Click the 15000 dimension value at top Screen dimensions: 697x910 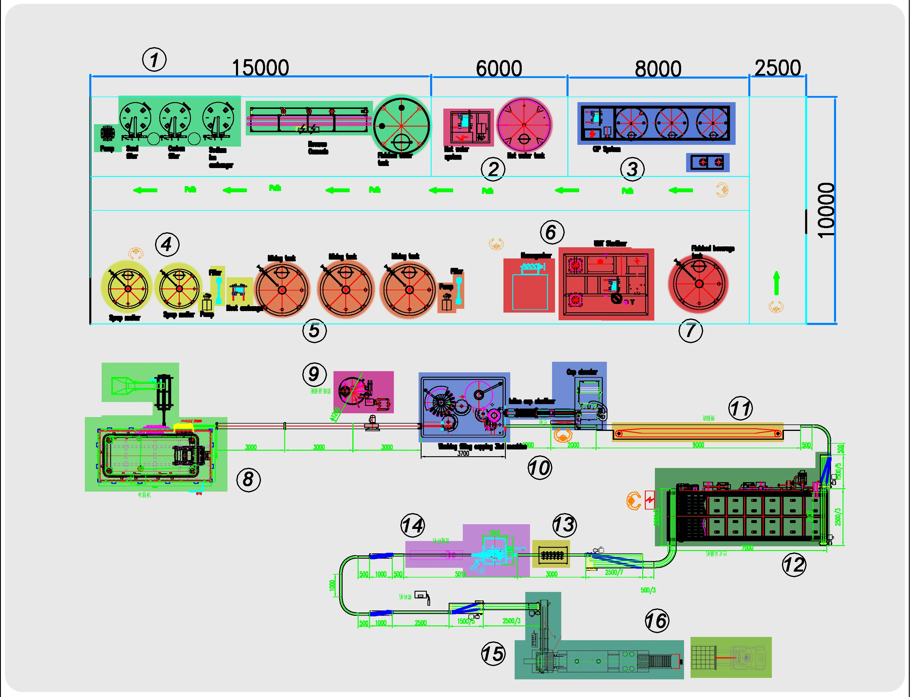click(x=260, y=68)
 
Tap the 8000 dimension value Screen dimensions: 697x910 click(x=658, y=69)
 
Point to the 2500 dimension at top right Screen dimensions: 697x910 click(x=777, y=68)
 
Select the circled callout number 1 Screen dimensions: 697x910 click(x=154, y=60)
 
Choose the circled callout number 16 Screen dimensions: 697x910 click(x=657, y=621)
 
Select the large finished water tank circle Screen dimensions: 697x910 click(x=402, y=126)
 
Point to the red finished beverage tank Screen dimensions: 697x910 click(x=699, y=284)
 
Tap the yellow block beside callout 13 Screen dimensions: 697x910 click(x=551, y=554)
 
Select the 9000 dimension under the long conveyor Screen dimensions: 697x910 click(x=698, y=445)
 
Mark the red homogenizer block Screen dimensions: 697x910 click(x=529, y=286)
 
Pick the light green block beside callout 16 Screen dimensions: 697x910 click(x=731, y=658)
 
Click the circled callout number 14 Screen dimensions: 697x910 click(x=412, y=525)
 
